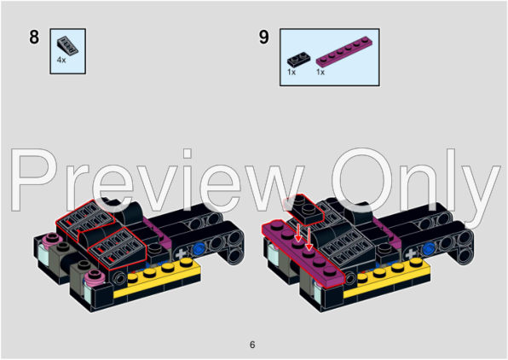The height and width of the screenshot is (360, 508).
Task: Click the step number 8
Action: tap(34, 37)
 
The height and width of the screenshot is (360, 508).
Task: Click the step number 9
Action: tap(263, 37)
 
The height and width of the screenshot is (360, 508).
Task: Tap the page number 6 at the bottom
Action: tap(252, 345)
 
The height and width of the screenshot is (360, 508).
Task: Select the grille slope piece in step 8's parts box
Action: tap(67, 45)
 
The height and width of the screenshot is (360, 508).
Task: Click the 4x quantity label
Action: tap(61, 60)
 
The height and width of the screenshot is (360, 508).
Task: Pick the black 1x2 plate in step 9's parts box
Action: tap(298, 60)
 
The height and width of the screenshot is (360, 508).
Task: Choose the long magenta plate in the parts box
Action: tap(344, 50)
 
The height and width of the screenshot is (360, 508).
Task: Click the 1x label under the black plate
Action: tap(292, 72)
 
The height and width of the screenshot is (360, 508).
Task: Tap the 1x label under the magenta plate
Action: tap(320, 72)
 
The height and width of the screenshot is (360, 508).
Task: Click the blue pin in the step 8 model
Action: tap(199, 249)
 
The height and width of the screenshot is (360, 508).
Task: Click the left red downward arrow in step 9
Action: tap(298, 234)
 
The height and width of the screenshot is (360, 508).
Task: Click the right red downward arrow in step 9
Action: tap(309, 239)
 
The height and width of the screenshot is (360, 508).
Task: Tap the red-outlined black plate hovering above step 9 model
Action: tap(303, 210)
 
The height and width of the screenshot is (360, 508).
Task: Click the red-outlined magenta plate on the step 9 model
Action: tap(303, 253)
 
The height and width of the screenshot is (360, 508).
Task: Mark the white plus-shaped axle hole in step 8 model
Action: tap(181, 254)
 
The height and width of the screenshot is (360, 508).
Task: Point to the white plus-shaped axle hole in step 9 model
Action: tap(411, 254)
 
